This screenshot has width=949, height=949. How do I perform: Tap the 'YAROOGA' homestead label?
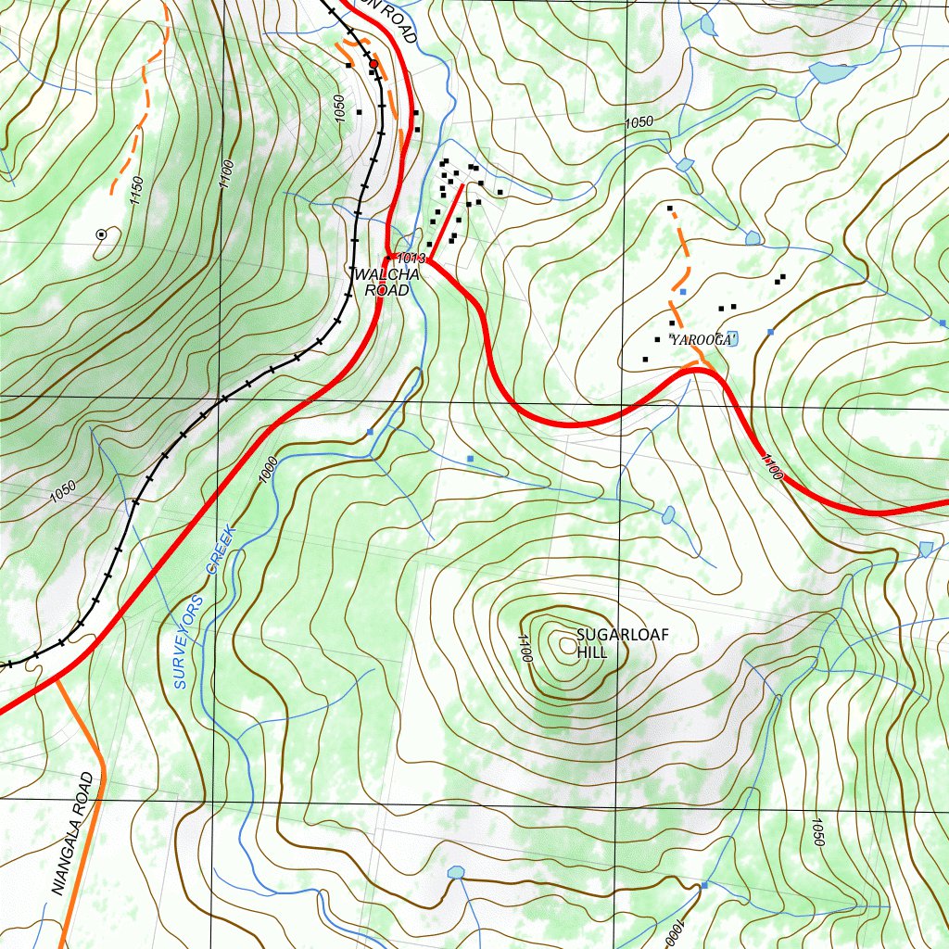pyautogui.click(x=703, y=341)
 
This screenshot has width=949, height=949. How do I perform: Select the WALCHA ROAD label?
pyautogui.click(x=386, y=283)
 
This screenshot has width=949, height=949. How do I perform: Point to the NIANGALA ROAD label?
pyautogui.click(x=75, y=834)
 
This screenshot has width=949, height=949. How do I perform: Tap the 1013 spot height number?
pyautogui.click(x=409, y=258)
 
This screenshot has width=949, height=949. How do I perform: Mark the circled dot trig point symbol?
pyautogui.click(x=101, y=235)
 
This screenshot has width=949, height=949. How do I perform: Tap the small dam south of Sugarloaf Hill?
pyautogui.click(x=455, y=873)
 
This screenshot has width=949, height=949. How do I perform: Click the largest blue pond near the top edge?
pyautogui.click(x=831, y=71)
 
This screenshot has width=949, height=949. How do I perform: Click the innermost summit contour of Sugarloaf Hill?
pyautogui.click(x=564, y=643)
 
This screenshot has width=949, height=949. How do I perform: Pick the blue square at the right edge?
pyautogui.click(x=943, y=323)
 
